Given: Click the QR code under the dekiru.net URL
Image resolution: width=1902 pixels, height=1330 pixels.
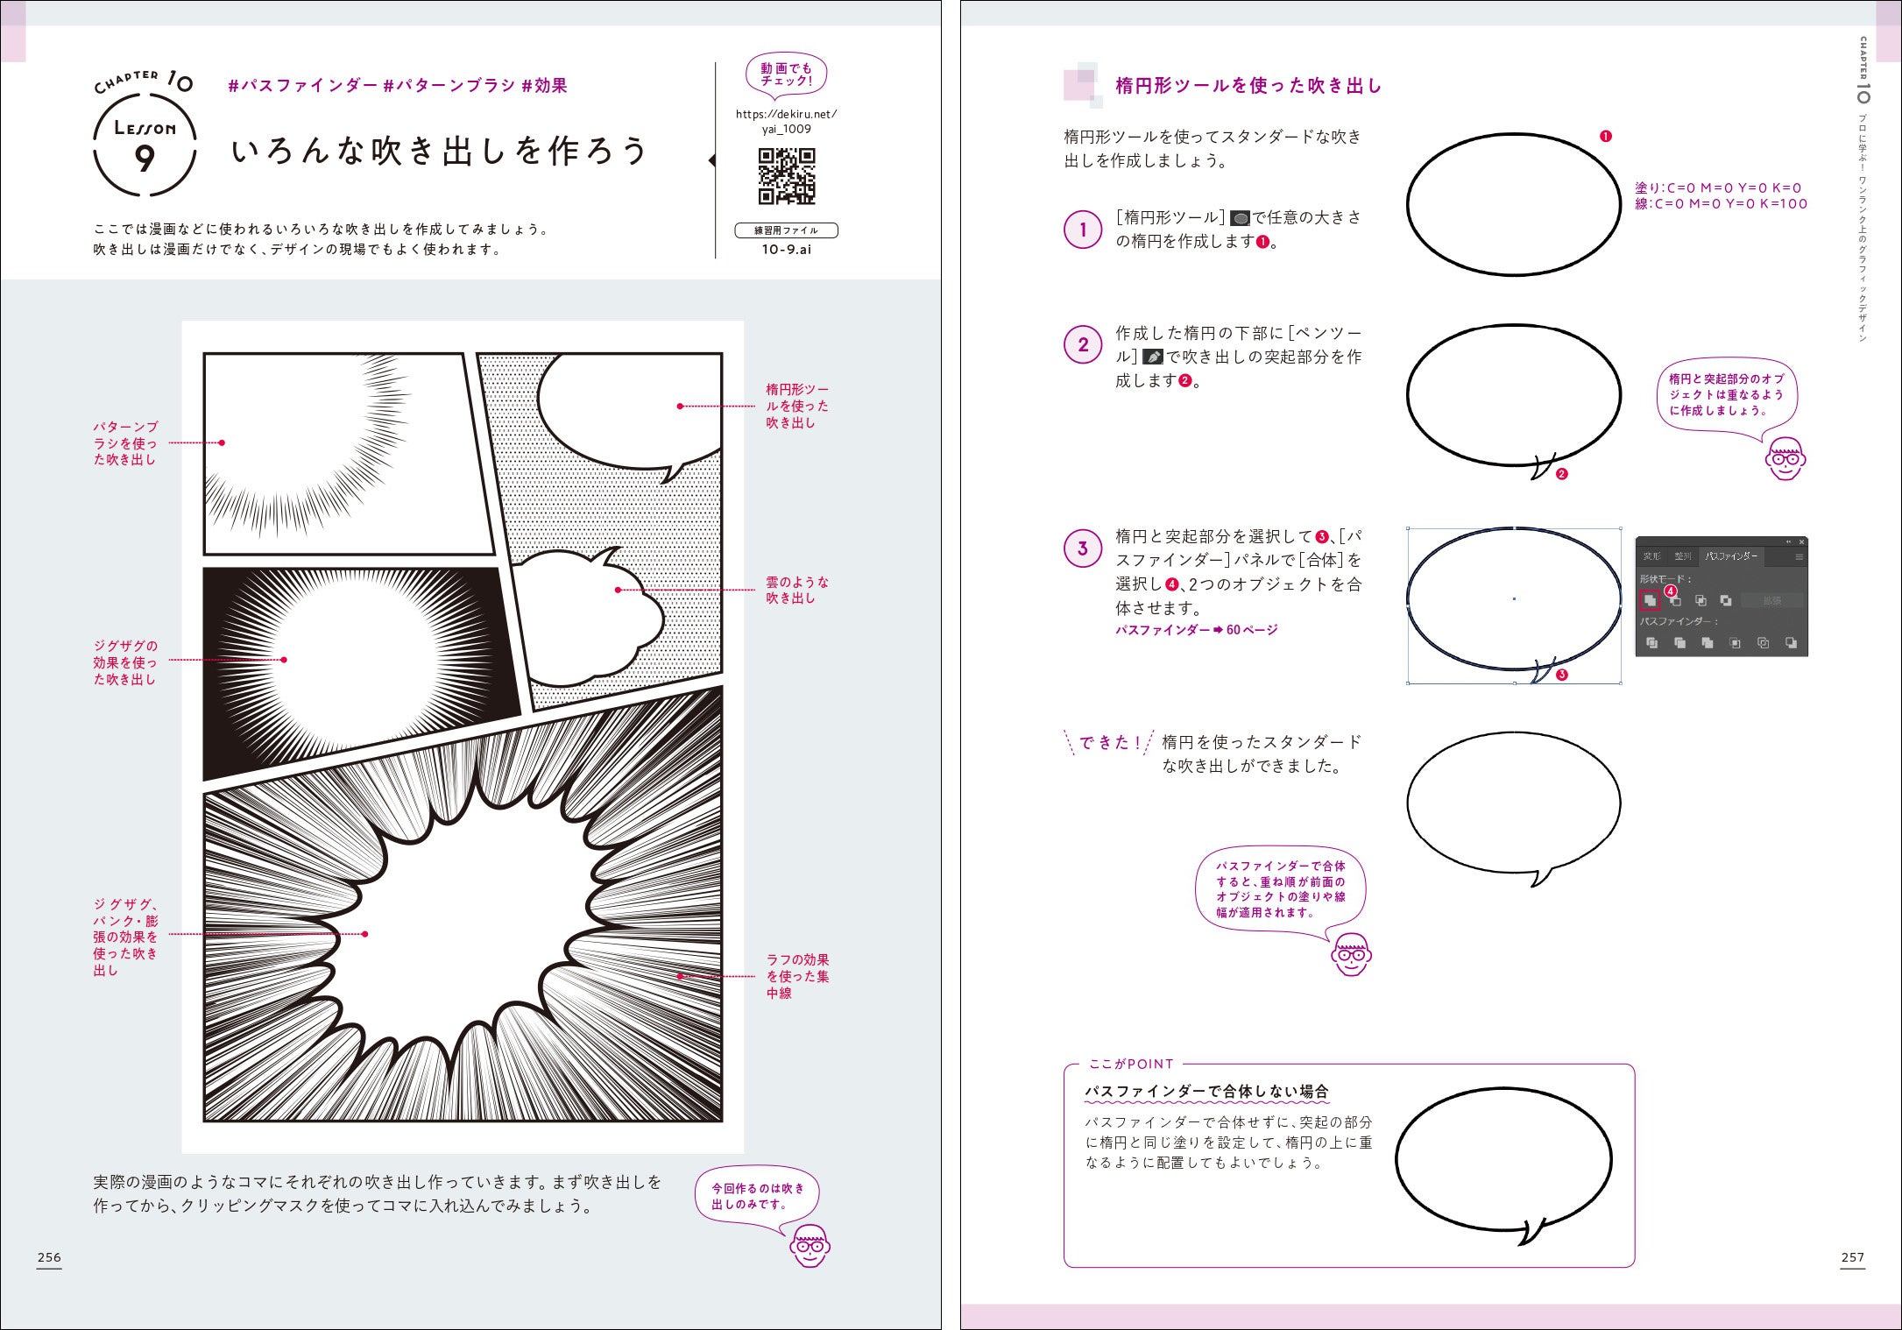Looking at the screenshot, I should click(786, 176).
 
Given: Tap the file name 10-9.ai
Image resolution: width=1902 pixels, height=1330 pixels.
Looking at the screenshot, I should click(786, 250).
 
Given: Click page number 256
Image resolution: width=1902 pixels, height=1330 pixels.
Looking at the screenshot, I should click(49, 1257).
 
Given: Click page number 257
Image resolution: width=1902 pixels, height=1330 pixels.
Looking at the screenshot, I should click(1852, 1257).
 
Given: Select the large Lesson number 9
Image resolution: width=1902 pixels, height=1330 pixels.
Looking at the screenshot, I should click(145, 159).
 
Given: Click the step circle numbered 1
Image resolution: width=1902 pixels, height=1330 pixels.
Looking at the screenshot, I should click(1083, 230).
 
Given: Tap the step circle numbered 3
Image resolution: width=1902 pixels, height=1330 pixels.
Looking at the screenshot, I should click(1083, 548).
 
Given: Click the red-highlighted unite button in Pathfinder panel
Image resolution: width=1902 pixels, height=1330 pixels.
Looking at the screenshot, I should click(1650, 601).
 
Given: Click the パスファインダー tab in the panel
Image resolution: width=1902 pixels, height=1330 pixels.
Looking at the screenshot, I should click(1730, 556).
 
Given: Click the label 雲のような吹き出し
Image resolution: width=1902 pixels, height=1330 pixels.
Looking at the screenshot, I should click(796, 590).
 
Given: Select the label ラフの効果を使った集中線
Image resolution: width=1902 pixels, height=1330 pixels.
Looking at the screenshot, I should click(796, 976).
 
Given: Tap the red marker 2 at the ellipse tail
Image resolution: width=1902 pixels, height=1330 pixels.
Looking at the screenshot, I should click(1561, 474).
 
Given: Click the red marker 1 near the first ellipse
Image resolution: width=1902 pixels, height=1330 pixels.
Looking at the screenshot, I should click(1605, 136).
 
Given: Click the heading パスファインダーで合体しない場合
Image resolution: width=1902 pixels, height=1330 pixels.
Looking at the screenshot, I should click(1206, 1092).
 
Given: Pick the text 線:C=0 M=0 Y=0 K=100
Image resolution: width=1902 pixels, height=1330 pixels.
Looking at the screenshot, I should click(1721, 204).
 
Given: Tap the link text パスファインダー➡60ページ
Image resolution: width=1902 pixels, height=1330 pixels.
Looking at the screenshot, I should click(1196, 630).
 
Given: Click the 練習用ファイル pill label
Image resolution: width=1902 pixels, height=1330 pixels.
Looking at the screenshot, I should click(786, 230).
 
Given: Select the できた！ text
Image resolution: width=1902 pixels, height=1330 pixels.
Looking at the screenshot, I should click(1109, 743).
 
